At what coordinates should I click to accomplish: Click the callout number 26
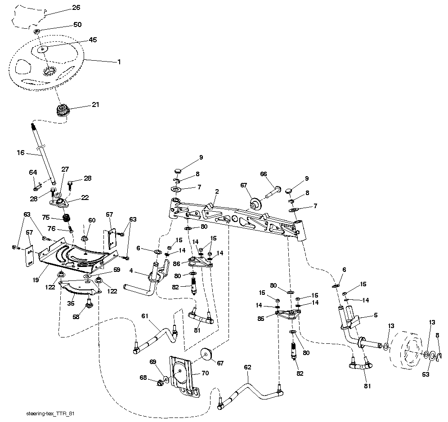tap(76, 8)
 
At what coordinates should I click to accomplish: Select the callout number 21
tap(95, 105)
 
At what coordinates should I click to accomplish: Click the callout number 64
tap(33, 172)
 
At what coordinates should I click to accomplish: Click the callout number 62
tap(247, 368)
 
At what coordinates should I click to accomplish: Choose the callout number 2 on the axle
tap(216, 192)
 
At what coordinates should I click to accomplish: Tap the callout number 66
tap(264, 174)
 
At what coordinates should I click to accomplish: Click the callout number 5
tap(375, 315)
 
